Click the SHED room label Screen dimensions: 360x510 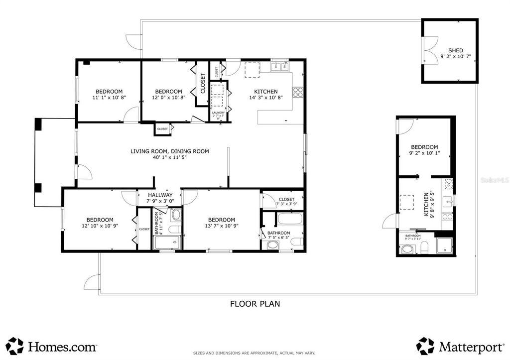(x=456, y=50)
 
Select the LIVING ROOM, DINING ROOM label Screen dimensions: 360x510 (x=169, y=151)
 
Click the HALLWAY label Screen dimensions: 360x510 (x=159, y=195)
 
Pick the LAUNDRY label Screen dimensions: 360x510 (x=218, y=113)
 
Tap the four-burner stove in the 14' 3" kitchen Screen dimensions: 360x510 (x=298, y=92)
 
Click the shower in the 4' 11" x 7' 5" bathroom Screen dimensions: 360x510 (x=166, y=243)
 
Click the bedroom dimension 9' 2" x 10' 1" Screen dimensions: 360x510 (x=424, y=154)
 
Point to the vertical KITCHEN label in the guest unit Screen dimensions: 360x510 (x=426, y=204)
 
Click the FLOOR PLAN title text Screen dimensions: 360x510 (x=255, y=303)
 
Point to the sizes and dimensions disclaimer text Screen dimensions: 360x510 (x=255, y=353)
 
